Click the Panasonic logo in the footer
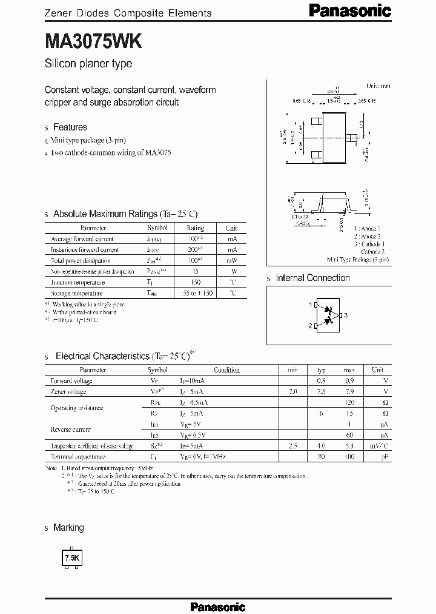(217, 606)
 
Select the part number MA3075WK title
(94, 41)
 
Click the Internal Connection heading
(312, 278)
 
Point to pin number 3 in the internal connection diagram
(345, 315)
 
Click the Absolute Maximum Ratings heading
(125, 214)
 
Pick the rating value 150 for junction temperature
(195, 282)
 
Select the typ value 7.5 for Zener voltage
(322, 392)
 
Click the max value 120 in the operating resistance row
(349, 403)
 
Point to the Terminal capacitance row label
(78, 456)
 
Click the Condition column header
(226, 369)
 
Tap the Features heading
(70, 127)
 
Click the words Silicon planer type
(88, 64)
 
